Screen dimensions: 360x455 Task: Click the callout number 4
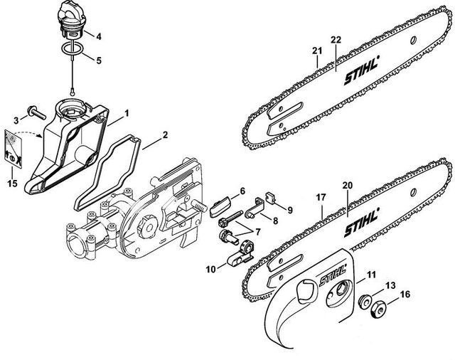99,36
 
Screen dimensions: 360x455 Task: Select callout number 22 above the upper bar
336,38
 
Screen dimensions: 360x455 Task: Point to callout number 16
406,292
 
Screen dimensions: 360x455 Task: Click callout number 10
210,268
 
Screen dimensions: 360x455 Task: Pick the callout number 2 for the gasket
165,134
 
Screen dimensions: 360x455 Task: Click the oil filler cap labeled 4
74,18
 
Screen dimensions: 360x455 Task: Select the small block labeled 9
272,198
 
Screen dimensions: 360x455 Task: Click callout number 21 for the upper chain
317,49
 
